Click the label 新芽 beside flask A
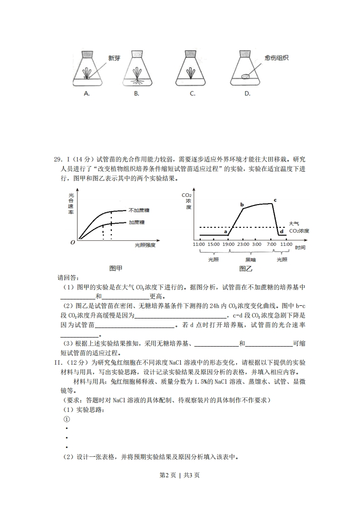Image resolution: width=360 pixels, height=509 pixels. coord(114,59)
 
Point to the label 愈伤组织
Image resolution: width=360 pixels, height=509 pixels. coord(277,58)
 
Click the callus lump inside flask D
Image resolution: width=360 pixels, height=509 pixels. coord(245,77)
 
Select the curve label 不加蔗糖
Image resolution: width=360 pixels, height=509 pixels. coord(140,210)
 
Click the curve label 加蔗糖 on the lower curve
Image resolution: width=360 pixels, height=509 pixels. coord(137,222)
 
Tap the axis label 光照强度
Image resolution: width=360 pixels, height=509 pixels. coord(145,245)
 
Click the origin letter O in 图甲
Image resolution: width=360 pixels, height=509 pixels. coord(72,243)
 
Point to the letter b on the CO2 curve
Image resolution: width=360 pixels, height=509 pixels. coord(242,205)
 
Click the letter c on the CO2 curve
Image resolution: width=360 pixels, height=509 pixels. coord(275,200)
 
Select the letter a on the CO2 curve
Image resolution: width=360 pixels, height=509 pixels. coord(226,231)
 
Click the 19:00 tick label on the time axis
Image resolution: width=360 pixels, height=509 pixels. coord(228,245)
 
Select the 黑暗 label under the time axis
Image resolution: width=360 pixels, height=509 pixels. coord(250,259)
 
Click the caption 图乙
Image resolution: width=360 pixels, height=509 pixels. coord(246,269)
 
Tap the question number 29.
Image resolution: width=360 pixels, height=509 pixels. coord(57,159)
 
